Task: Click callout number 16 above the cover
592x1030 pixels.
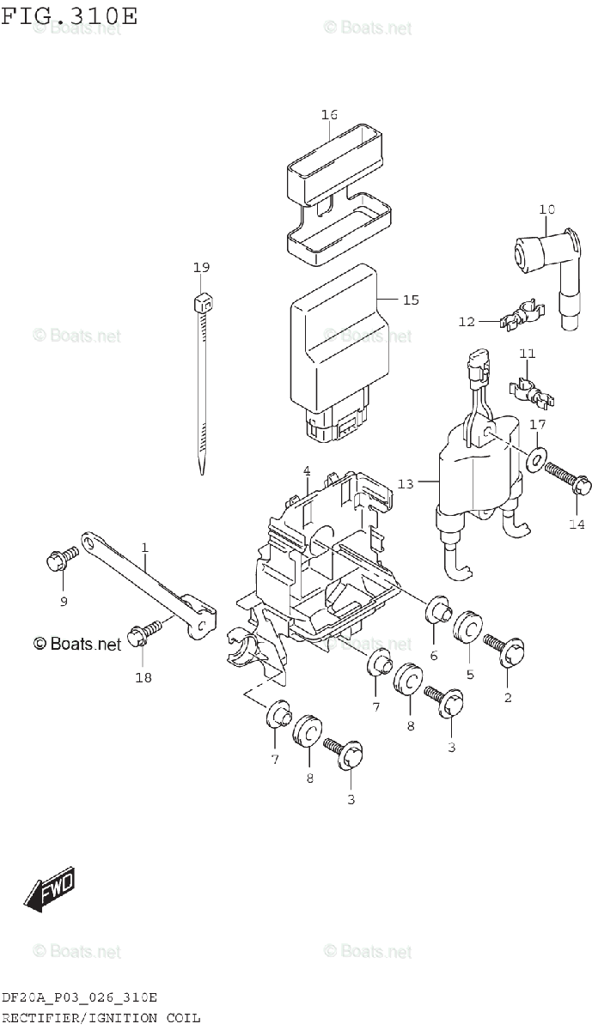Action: [329, 114]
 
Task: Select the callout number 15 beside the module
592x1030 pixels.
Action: [411, 300]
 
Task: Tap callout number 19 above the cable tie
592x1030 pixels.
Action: [201, 268]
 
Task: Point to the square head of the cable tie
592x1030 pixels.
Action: [202, 303]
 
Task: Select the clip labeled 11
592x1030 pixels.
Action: [533, 390]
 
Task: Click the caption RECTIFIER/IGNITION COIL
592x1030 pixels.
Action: [101, 1017]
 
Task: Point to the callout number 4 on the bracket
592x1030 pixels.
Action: [306, 470]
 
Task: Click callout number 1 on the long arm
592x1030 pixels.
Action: [144, 547]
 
